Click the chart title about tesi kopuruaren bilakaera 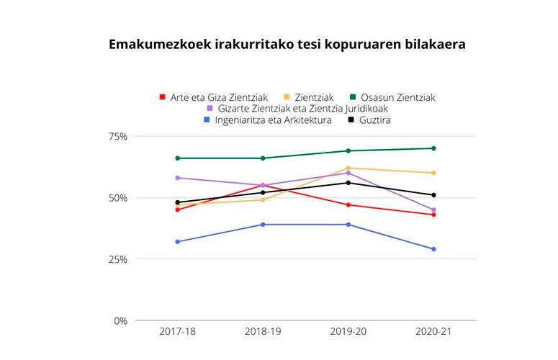point(287,45)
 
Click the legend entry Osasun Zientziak point(393,97)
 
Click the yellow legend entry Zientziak point(308,97)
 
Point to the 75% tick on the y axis point(117,137)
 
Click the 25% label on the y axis point(117,259)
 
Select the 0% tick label point(120,320)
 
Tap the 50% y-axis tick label point(117,198)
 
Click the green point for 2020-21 point(433,148)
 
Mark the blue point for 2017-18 point(178,242)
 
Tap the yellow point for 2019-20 point(348,168)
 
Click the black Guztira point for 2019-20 point(348,183)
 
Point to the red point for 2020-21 point(433,215)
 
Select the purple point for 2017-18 point(178,178)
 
